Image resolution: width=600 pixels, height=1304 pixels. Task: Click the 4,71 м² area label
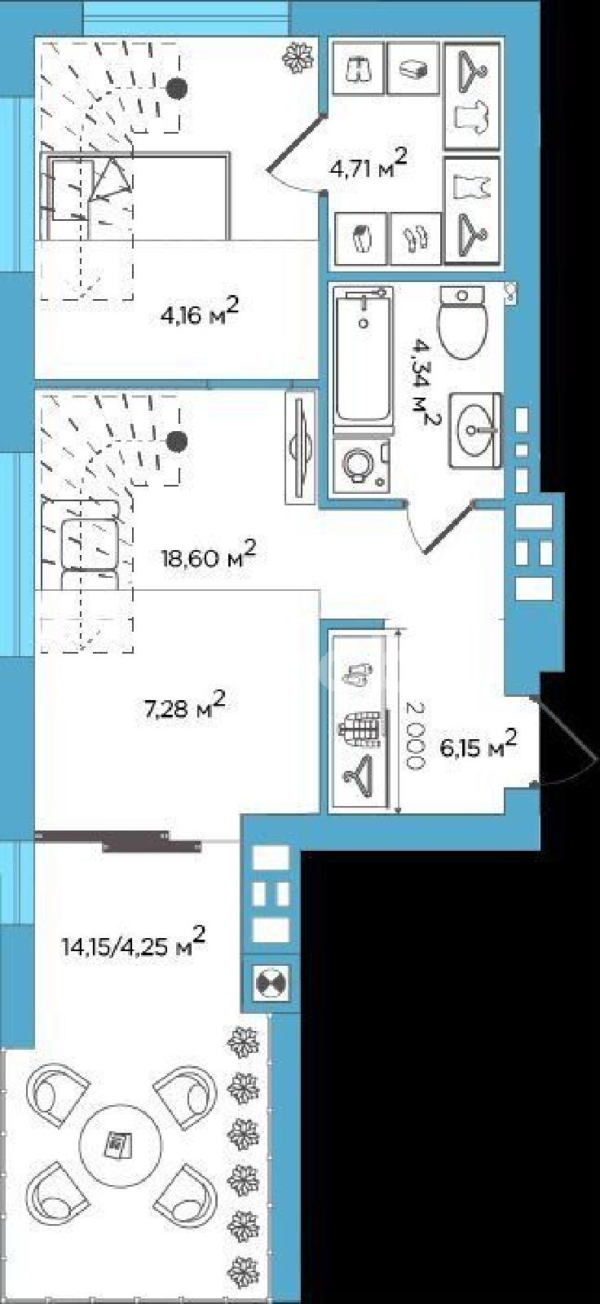tap(368, 164)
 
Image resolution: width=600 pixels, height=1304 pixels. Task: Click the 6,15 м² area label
tap(479, 743)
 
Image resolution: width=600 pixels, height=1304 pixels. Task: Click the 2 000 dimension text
tap(414, 737)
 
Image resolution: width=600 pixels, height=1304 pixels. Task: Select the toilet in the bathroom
tap(463, 322)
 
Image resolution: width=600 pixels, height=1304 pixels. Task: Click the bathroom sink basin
tap(474, 430)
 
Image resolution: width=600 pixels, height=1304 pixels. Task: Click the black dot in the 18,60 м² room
tap(177, 441)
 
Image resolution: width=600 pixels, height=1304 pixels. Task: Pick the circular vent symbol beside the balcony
tap(271, 983)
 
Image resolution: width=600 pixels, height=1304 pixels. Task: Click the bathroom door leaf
tap(448, 528)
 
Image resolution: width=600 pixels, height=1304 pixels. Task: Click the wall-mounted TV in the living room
tap(300, 447)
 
